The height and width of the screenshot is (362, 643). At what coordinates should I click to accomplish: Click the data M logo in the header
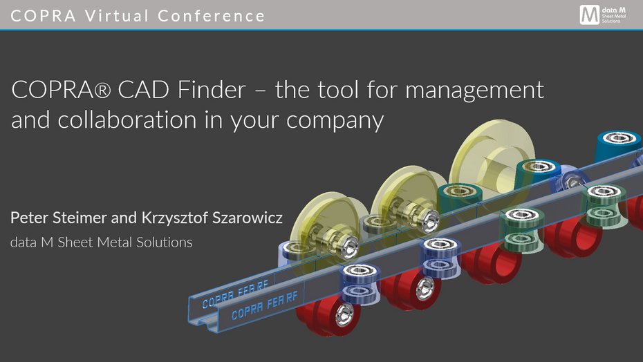point(603,15)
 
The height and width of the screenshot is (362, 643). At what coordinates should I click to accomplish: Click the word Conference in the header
point(211,16)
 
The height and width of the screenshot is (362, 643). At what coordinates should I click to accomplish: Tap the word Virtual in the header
point(117,16)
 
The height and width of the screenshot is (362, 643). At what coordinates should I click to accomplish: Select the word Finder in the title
point(212,89)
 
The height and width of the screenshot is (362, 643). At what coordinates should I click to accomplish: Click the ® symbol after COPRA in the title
point(102,90)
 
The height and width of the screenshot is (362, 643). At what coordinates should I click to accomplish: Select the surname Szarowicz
point(248,218)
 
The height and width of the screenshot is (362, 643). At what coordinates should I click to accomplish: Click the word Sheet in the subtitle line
point(75,242)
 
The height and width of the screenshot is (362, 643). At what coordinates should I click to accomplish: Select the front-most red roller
point(328,316)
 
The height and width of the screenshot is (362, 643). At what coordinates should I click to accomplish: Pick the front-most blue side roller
point(360,283)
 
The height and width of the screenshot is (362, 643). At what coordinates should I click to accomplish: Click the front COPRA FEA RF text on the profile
point(265,305)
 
